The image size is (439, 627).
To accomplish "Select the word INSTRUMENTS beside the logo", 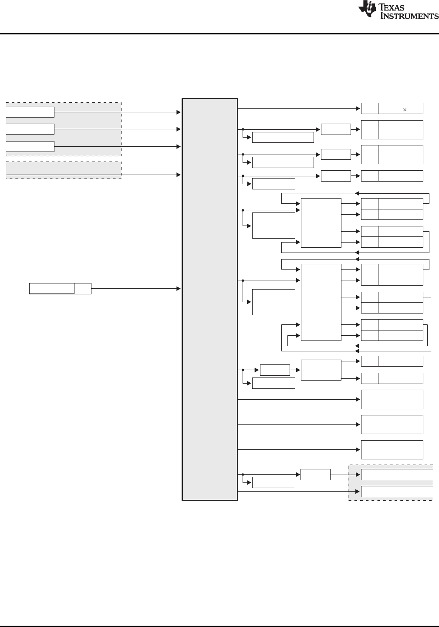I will [409, 16].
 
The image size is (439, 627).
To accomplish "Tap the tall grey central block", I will [210, 300].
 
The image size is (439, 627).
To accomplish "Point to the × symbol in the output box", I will [405, 109].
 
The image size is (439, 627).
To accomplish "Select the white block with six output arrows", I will [321, 302].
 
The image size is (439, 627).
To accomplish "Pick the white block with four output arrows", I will [321, 223].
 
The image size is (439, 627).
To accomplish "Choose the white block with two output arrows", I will [321, 370].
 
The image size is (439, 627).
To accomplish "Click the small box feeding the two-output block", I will [274, 370].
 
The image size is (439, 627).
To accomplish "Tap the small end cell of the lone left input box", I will [82, 288].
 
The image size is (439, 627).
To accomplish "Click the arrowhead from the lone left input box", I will [179, 288].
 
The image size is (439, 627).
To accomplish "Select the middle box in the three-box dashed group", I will [30, 129].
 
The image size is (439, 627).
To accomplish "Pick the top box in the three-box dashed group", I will [30, 112].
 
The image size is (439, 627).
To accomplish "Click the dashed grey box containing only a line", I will [63, 170].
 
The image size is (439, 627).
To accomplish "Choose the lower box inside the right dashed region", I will [396, 492].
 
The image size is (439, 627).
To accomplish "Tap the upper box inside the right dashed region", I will [396, 475].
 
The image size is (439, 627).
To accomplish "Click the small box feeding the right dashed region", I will [315, 475].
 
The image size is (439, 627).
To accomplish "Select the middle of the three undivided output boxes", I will [392, 425].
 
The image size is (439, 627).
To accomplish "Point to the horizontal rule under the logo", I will [219, 34].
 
